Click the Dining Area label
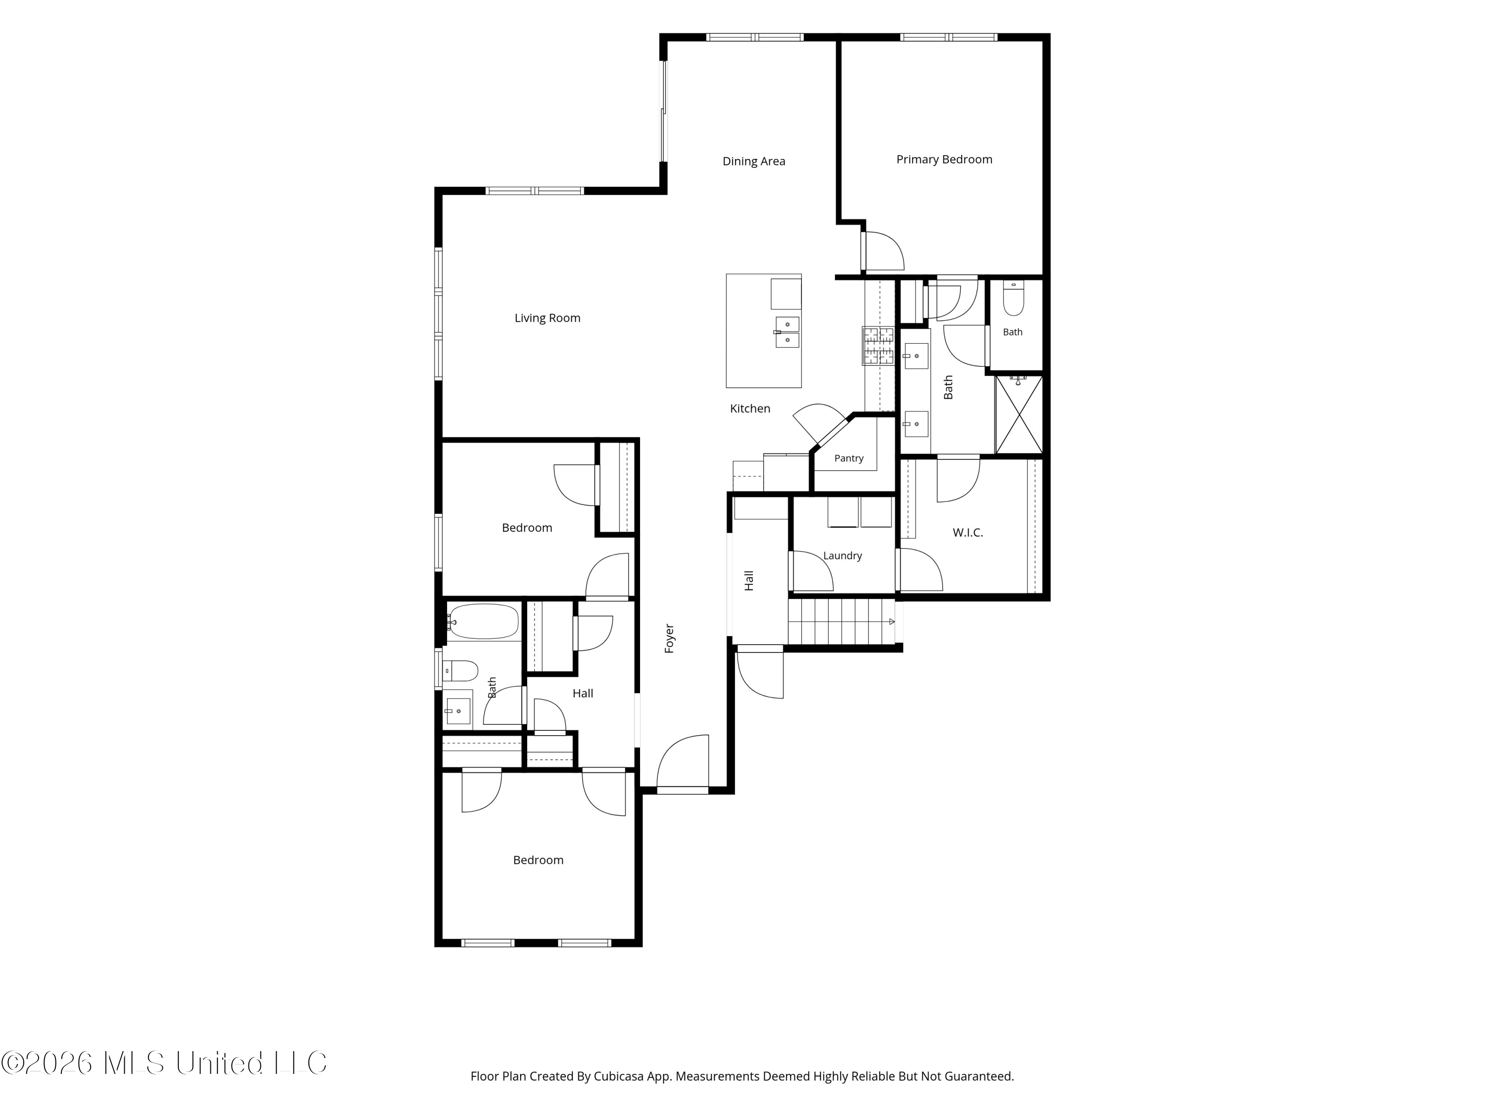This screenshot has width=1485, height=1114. tap(753, 161)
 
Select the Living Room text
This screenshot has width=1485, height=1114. tap(547, 318)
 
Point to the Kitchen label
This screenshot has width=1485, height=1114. tap(750, 408)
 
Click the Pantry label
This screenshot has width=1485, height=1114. tap(848, 458)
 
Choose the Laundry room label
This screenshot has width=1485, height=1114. tap(842, 556)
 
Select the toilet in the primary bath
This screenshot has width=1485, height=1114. tap(1013, 298)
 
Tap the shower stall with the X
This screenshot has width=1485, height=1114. tap(1019, 414)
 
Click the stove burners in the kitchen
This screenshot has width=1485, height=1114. tap(878, 346)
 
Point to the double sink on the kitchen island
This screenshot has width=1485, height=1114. tap(787, 332)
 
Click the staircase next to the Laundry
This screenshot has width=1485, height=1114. tap(842, 622)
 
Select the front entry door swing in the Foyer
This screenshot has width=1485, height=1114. tap(683, 761)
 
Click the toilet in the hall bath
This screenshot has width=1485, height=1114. tap(460, 670)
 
